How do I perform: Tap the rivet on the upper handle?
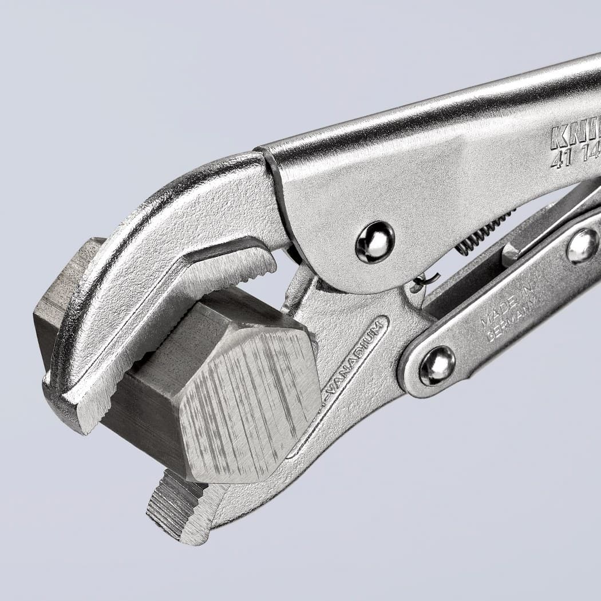[375, 242]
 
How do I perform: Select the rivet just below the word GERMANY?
[437, 365]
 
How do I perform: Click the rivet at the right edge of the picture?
[582, 246]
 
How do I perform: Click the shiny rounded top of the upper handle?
[429, 114]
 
